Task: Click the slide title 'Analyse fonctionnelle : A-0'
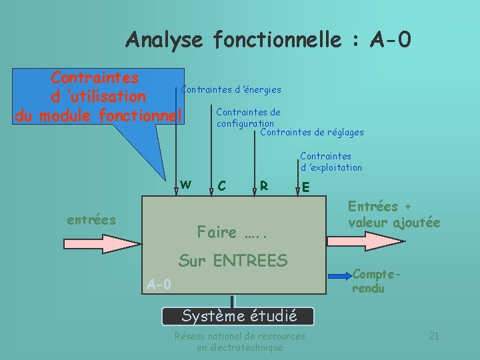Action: tap(268, 40)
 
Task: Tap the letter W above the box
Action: tap(186, 184)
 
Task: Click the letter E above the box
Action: tap(305, 187)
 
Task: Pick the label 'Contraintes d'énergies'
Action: tap(231, 89)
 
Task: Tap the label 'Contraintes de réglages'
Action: tap(312, 133)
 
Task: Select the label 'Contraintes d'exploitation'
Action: tap(331, 162)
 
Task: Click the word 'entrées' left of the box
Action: tap(91, 219)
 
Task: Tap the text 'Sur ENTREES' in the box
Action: tap(233, 261)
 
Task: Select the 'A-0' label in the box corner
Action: tap(159, 285)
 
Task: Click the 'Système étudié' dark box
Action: tap(239, 315)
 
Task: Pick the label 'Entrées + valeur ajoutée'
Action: tap(393, 214)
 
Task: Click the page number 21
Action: tap(433, 335)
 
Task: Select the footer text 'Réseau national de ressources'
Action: tap(239, 336)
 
